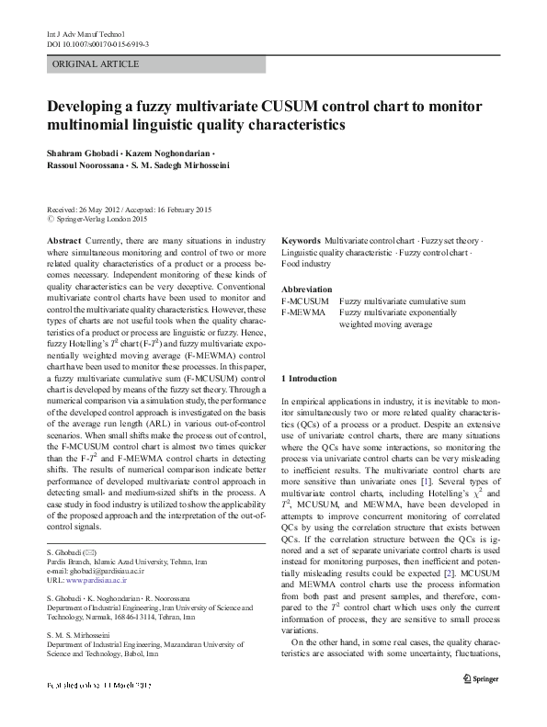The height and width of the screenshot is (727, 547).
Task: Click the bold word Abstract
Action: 63,240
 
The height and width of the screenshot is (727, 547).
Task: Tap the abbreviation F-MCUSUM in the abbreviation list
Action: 305,301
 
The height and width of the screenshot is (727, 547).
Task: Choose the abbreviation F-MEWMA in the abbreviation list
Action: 303,313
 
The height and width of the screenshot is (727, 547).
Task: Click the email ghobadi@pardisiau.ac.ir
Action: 100,572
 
